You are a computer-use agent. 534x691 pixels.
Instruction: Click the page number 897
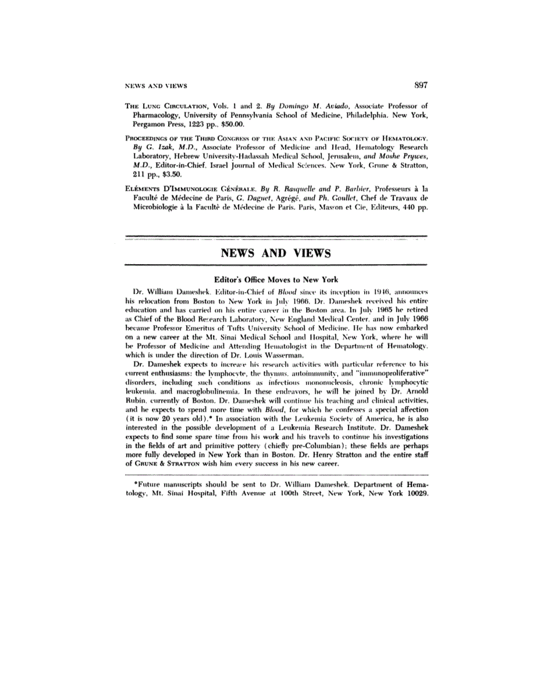click(421, 85)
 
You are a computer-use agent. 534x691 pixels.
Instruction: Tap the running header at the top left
click(156, 86)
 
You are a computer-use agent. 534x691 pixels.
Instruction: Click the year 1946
click(364, 290)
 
